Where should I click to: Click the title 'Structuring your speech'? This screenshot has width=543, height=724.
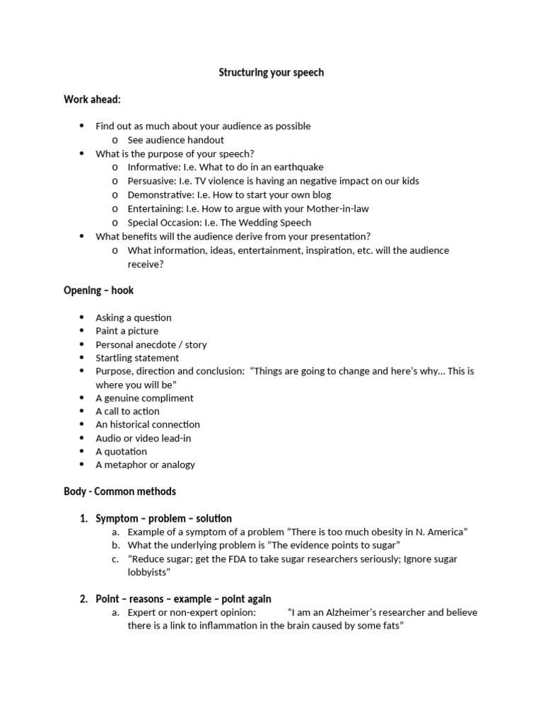tap(271, 72)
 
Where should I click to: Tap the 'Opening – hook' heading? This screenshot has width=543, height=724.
tap(98, 291)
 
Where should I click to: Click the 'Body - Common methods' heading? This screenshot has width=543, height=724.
tap(119, 491)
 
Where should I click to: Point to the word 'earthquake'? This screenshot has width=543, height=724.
tap(300, 167)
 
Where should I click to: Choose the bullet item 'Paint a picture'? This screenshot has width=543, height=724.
tap(127, 331)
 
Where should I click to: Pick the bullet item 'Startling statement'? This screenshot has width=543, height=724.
tap(137, 358)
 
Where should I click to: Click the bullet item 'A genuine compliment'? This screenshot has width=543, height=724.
tap(144, 398)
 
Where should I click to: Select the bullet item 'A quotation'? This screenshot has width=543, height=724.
tap(122, 451)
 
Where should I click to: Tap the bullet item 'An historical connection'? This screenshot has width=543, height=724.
tap(148, 424)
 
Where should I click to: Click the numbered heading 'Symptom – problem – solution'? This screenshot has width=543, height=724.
tap(163, 518)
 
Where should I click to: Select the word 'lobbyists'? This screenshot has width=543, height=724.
tap(147, 572)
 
